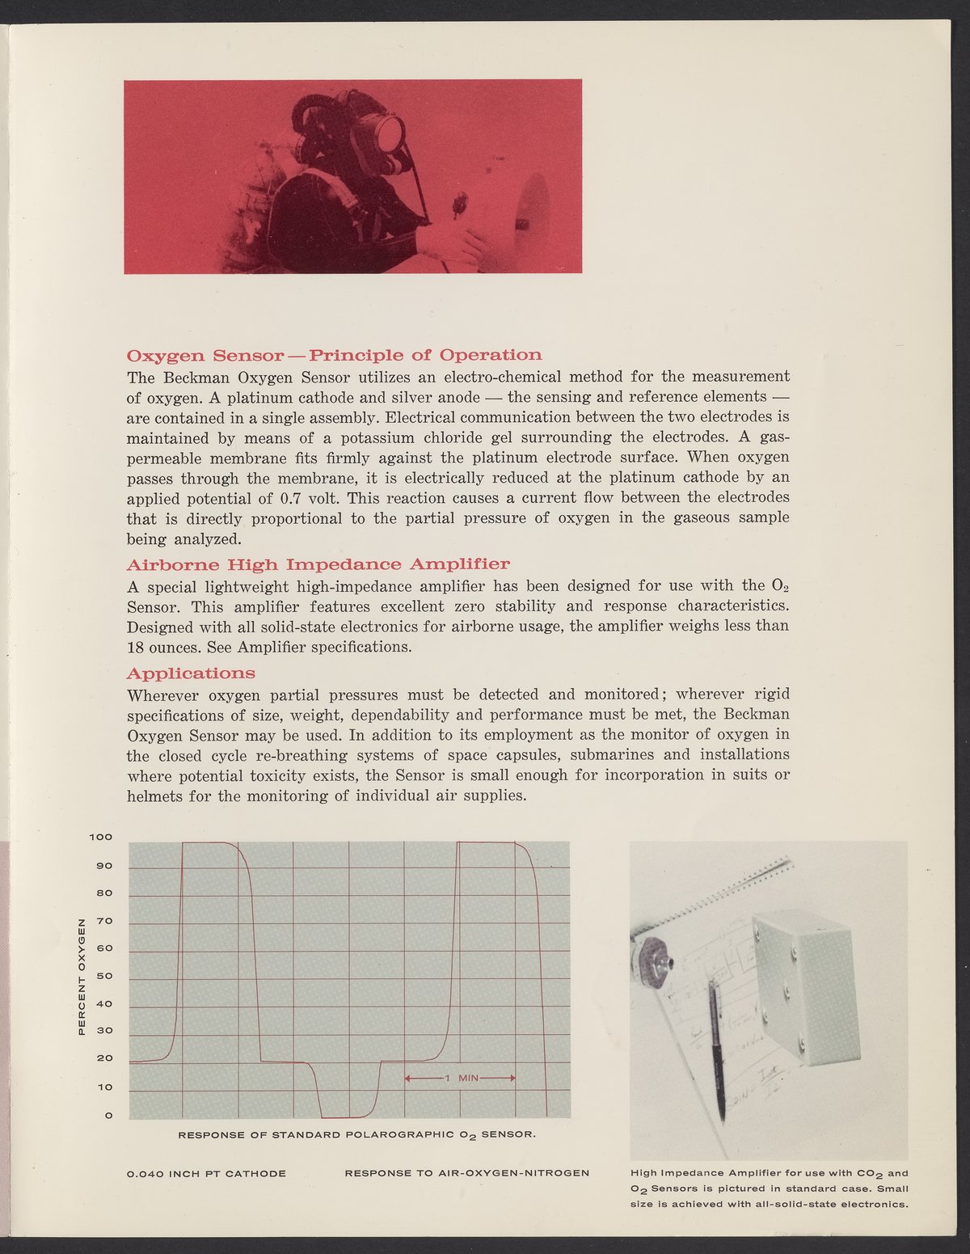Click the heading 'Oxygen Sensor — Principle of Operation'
(x=335, y=356)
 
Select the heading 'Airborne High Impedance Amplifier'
(x=318, y=564)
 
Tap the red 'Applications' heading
(x=191, y=673)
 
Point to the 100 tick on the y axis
(x=101, y=838)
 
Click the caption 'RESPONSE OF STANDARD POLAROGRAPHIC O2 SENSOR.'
(x=356, y=1135)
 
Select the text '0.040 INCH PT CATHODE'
(x=206, y=1172)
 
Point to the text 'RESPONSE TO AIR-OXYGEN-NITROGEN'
(x=466, y=1172)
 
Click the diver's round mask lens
(x=389, y=131)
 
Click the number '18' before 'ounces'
(x=136, y=648)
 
